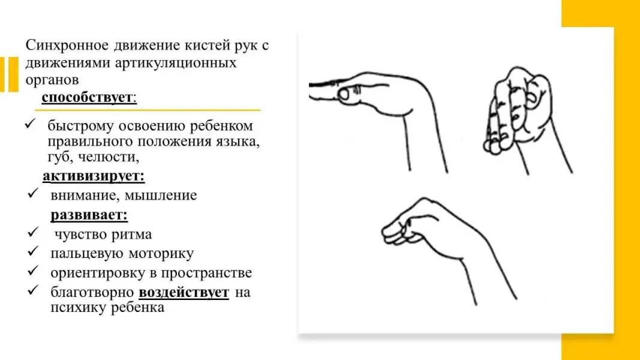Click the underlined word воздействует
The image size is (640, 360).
184,292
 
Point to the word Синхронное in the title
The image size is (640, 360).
67,45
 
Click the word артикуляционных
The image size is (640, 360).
176,63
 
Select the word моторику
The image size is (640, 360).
161,253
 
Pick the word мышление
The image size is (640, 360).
160,195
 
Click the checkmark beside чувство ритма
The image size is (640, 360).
32,232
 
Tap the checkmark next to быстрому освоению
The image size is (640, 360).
30,124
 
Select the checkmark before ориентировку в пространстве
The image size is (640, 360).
32,271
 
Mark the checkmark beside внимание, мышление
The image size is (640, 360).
32,193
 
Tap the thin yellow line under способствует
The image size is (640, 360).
148,110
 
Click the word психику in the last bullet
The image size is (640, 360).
79,308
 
